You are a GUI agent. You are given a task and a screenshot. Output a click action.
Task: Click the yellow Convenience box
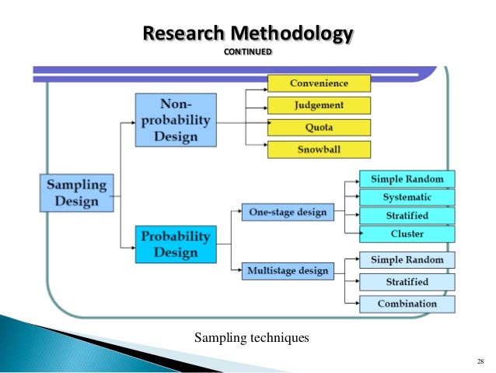coord(319,83)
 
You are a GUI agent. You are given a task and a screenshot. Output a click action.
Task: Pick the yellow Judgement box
coord(319,105)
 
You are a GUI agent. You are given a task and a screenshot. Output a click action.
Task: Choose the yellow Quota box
coord(319,127)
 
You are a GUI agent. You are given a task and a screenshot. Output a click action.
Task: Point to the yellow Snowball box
coord(319,149)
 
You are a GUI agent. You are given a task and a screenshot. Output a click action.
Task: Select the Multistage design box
coord(287,270)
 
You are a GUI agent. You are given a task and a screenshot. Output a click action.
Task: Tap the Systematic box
coord(407,197)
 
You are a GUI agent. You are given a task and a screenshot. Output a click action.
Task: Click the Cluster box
coord(407,234)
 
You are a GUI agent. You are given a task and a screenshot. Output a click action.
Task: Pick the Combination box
coord(407,304)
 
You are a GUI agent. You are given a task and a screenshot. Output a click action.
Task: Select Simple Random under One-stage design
coord(407,178)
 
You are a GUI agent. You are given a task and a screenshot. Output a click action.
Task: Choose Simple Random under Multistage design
coord(407,260)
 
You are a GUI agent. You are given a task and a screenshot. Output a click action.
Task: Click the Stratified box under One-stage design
coord(407,216)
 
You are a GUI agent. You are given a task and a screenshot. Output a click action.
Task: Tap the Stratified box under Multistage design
coord(407,282)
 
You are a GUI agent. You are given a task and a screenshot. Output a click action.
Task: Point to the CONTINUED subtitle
coord(248,52)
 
